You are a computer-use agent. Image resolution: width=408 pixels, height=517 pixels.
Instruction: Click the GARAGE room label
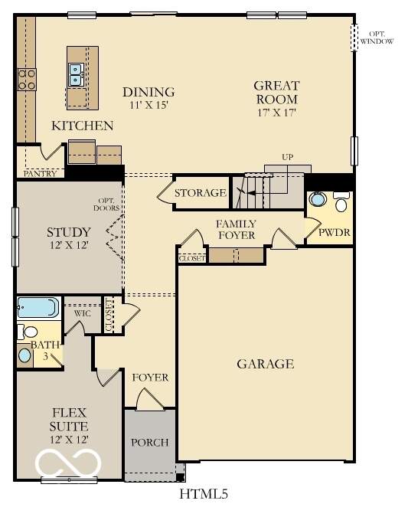click(x=265, y=364)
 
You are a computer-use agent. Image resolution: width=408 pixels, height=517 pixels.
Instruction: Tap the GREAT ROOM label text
click(x=276, y=93)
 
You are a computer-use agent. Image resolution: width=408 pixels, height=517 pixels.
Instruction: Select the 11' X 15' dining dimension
click(x=149, y=106)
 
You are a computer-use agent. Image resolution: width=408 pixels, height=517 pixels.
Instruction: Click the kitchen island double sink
click(x=77, y=75)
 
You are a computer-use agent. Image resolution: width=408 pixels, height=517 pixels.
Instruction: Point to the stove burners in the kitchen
click(x=27, y=79)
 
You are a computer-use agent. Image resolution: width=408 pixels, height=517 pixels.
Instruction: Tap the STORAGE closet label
click(x=200, y=193)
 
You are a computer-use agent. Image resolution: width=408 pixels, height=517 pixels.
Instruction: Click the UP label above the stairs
click(x=288, y=157)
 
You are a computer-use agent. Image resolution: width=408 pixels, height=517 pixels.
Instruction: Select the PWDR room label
click(x=330, y=232)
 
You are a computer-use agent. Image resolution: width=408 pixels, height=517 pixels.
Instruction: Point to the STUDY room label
click(x=69, y=232)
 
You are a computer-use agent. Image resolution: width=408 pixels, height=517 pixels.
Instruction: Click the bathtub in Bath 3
click(x=38, y=307)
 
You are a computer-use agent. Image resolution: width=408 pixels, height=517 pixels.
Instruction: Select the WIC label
click(x=83, y=313)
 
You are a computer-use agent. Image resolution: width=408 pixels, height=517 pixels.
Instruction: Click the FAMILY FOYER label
click(x=235, y=229)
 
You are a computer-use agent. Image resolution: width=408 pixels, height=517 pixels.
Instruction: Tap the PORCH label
click(x=150, y=443)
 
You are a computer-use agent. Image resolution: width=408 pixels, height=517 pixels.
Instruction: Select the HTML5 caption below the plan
click(x=204, y=494)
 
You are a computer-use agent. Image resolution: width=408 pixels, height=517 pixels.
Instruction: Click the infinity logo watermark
click(x=70, y=462)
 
